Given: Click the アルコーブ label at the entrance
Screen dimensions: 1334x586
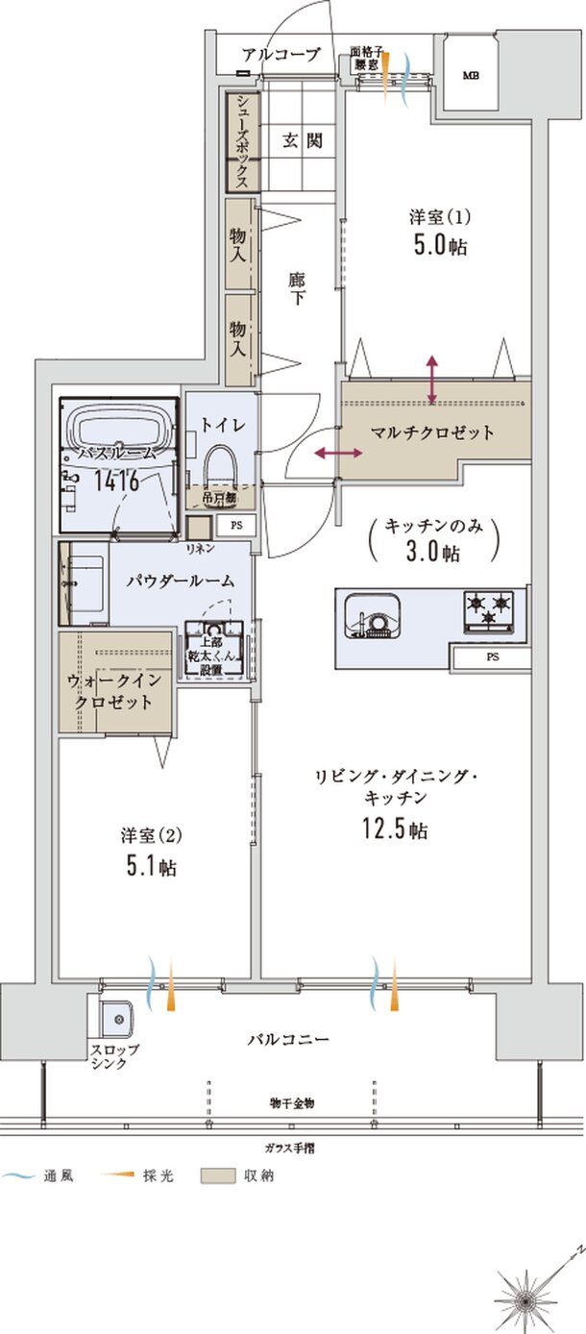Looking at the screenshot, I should click(x=281, y=55).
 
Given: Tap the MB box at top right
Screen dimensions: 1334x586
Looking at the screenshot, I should click(x=471, y=75).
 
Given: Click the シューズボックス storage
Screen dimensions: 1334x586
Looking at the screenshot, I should click(x=241, y=141).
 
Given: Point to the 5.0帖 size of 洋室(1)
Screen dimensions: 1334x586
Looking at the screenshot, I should click(x=441, y=245).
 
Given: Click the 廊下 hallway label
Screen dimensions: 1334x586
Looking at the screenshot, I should click(x=297, y=289).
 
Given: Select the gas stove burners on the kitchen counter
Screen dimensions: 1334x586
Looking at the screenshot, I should click(x=490, y=607).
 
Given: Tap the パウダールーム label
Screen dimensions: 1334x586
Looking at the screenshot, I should click(x=181, y=581).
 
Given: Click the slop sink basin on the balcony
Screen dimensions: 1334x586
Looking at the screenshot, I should click(x=115, y=1018).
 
